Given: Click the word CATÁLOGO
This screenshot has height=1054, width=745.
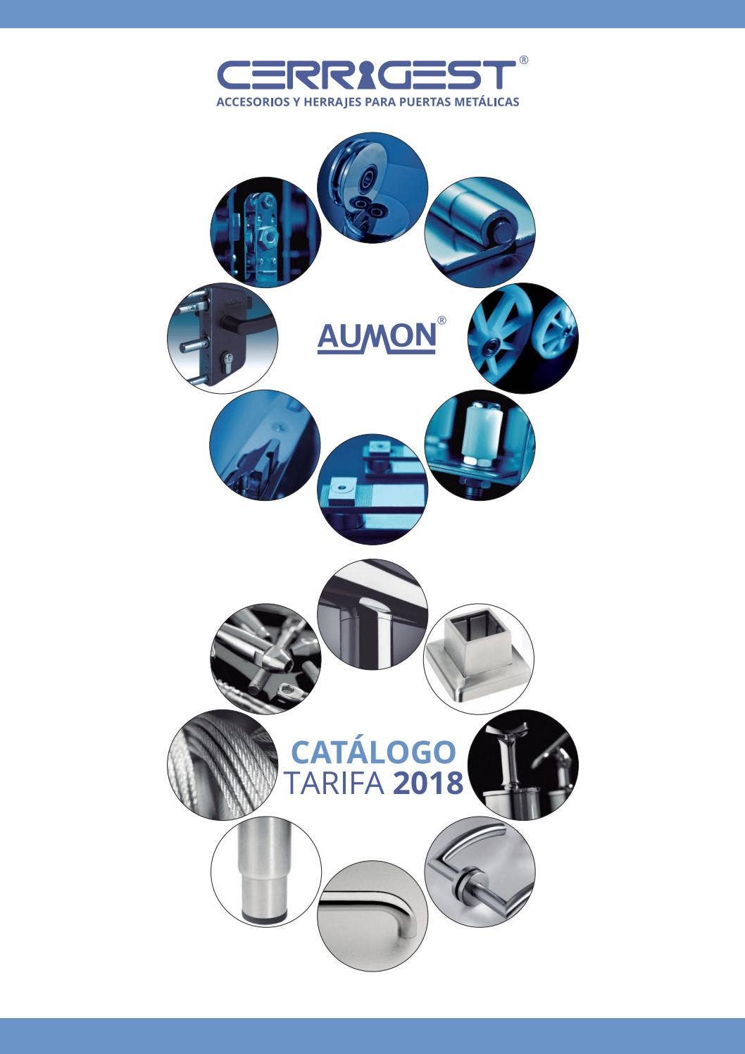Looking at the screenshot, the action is pyautogui.click(x=373, y=752).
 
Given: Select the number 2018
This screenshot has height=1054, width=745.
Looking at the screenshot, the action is pyautogui.click(x=427, y=783).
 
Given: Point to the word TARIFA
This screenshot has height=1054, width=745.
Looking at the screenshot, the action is pyautogui.click(x=335, y=783).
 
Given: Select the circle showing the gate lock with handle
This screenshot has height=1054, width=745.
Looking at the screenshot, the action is pyautogui.click(x=223, y=338).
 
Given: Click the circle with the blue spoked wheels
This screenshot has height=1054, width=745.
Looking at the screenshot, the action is pyautogui.click(x=523, y=338).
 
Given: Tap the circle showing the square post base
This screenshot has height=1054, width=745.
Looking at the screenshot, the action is pyautogui.click(x=480, y=659).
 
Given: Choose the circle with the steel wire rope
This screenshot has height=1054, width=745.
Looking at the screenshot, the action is pyautogui.click(x=223, y=765).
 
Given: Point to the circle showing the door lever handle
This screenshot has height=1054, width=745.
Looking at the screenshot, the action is pyautogui.click(x=480, y=872).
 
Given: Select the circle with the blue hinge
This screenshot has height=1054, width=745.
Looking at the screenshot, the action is pyautogui.click(x=480, y=232).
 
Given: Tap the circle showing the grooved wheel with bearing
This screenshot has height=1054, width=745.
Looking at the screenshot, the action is pyautogui.click(x=372, y=187).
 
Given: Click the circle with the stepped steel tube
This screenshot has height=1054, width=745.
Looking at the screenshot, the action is pyautogui.click(x=265, y=872).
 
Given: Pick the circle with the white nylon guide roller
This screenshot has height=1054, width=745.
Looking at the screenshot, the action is pyautogui.click(x=480, y=445).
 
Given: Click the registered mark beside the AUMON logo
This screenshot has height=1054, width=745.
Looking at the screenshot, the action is pyautogui.click(x=442, y=321).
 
